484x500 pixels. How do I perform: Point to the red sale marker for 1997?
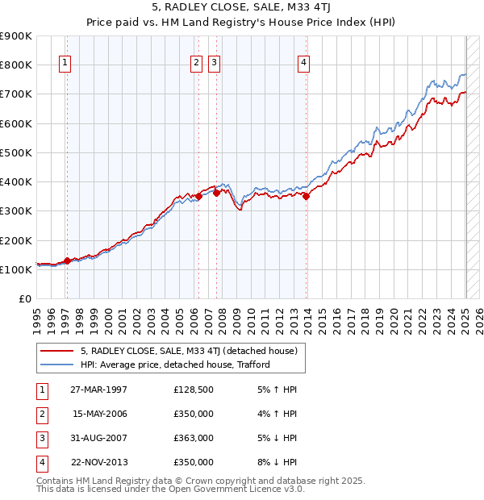[67, 260]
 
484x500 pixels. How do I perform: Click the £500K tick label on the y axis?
[16, 152]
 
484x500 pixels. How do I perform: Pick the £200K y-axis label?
[16, 240]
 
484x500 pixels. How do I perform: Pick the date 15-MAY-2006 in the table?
[99, 414]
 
